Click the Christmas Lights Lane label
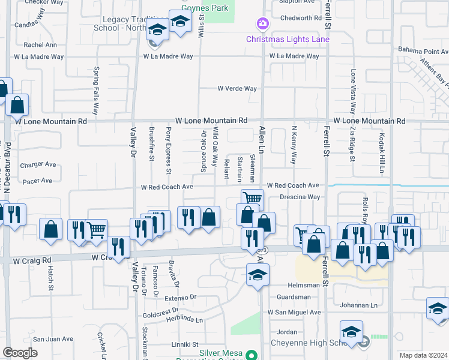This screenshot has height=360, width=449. point(288,40)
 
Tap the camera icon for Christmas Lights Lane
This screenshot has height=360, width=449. point(262,24)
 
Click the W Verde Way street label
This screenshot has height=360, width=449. point(237,89)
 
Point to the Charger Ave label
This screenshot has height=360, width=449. point(38,164)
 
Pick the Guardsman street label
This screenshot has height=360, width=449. point(294,297)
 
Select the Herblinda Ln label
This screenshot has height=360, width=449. point(186,320)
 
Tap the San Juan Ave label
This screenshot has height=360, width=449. point(52,339)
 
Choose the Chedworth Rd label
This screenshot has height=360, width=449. point(301,18)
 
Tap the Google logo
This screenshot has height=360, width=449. point(20,353)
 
